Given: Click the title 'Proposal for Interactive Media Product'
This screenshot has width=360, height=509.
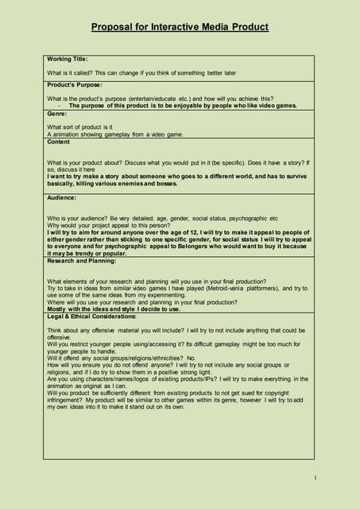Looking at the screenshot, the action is (x=180, y=27).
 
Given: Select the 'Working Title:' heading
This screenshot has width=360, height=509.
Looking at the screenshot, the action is (x=67, y=59).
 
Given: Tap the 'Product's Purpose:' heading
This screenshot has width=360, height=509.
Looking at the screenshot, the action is (x=75, y=84).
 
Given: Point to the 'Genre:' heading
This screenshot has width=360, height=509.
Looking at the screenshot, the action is (x=57, y=114).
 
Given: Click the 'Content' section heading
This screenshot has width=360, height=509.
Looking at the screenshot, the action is (x=59, y=142).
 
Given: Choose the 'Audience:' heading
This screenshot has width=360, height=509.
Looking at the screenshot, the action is (x=62, y=197).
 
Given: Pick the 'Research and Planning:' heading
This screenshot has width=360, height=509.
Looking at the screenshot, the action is (x=80, y=260).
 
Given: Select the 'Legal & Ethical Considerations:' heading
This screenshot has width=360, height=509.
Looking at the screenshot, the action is (x=97, y=317).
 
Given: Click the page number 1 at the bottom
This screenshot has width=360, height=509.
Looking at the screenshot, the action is (x=315, y=477).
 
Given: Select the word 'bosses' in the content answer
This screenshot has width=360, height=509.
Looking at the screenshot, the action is (x=167, y=183).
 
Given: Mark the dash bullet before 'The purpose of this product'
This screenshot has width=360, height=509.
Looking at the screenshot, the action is (x=59, y=106).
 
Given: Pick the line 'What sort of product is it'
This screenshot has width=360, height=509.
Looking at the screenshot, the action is (x=79, y=127).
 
